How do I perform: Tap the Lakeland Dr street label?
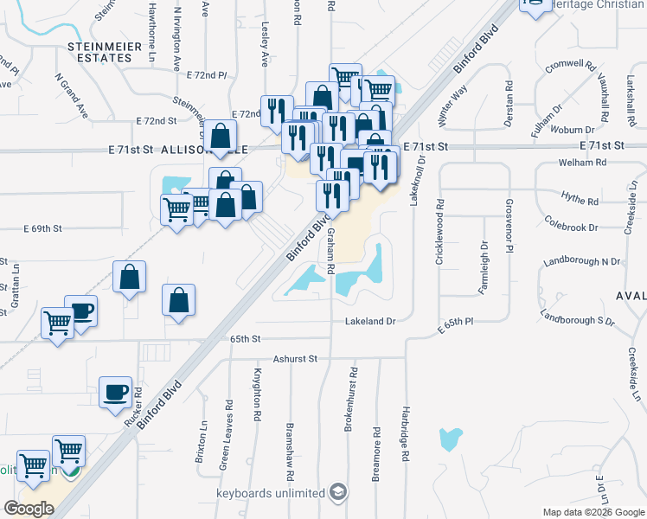[370, 321]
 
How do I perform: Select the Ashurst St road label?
[296, 358]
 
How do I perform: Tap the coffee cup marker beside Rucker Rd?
[116, 393]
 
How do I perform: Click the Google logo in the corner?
[29, 509]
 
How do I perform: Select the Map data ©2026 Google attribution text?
[593, 512]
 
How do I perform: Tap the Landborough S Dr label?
[577, 318]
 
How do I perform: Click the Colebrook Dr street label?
[572, 227]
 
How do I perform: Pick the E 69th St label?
[43, 228]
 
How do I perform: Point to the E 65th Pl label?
[456, 321]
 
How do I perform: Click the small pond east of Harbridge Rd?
[450, 439]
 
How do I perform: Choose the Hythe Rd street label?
[580, 200]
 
